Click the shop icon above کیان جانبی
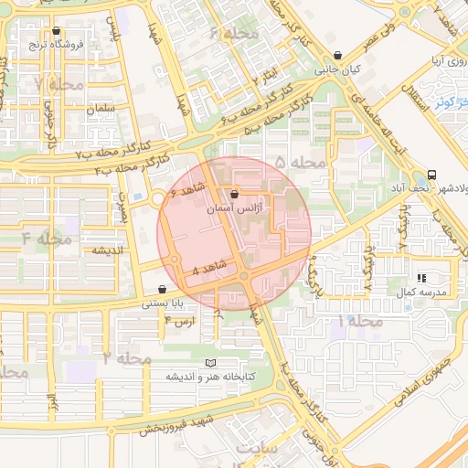(x=339, y=55)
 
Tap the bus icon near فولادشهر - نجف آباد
(x=431, y=174)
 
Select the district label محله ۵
(x=300, y=163)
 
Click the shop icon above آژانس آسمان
(x=236, y=195)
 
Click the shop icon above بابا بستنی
(x=162, y=289)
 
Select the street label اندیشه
(x=108, y=250)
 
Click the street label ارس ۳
(x=179, y=323)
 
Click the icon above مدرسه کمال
(x=420, y=277)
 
